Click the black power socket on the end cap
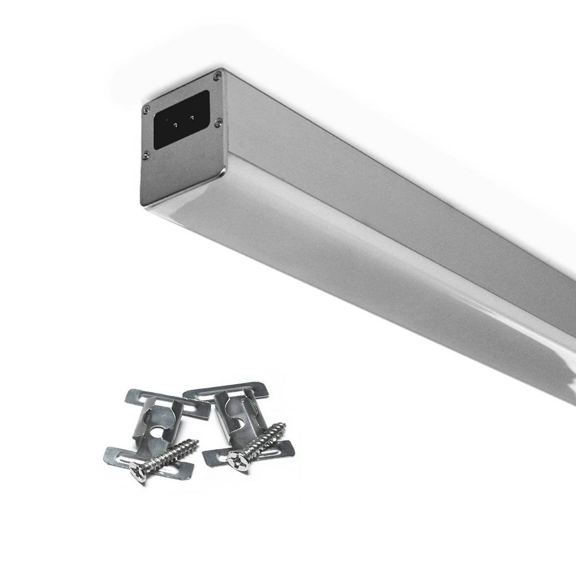(181, 119)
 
